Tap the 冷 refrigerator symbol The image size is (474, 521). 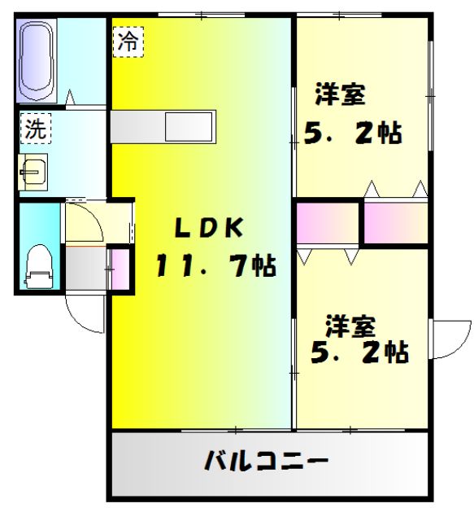[127, 41]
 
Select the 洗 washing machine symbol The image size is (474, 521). [35, 127]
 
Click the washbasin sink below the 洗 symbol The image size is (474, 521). [33, 171]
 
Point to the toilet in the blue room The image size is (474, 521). [37, 265]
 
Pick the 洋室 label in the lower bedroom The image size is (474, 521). [350, 326]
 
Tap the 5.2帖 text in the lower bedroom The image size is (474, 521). [359, 352]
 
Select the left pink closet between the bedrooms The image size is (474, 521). [328, 222]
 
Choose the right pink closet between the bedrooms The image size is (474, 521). [395, 222]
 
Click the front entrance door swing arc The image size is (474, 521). [84, 313]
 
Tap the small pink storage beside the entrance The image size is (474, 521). [120, 269]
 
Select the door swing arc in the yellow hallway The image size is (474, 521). [84, 221]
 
